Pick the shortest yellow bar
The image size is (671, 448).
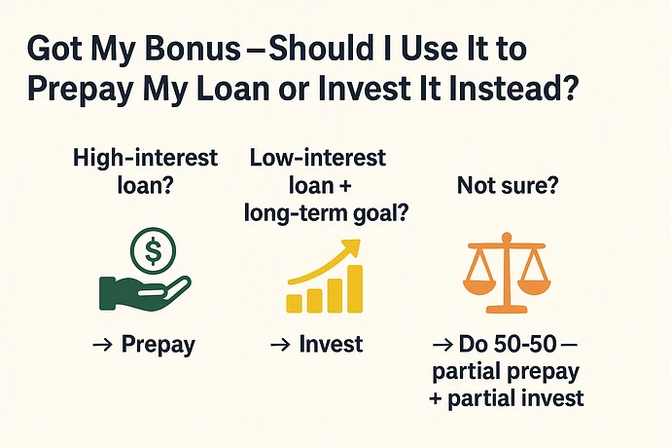coord(293,302)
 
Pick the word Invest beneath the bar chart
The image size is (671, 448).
coord(331,344)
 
